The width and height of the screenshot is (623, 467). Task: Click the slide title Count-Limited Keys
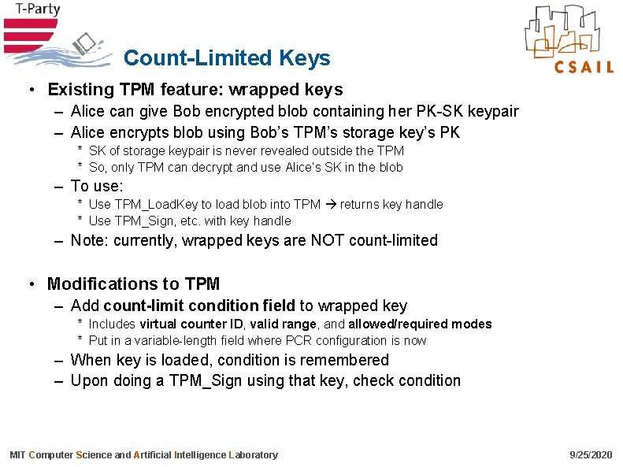click(x=227, y=58)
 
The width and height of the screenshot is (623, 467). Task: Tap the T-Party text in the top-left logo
click(x=32, y=9)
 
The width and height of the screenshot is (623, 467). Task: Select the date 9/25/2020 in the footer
click(x=590, y=455)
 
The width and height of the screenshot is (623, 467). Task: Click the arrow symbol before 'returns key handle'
click(x=330, y=205)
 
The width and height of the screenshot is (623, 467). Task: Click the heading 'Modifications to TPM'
click(x=133, y=284)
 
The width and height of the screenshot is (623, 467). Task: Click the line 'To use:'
click(x=97, y=186)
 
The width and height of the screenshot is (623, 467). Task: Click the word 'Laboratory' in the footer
click(x=253, y=455)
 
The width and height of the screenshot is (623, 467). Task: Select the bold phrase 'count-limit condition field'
click(x=199, y=306)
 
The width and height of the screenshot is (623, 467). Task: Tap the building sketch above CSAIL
click(x=568, y=30)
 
